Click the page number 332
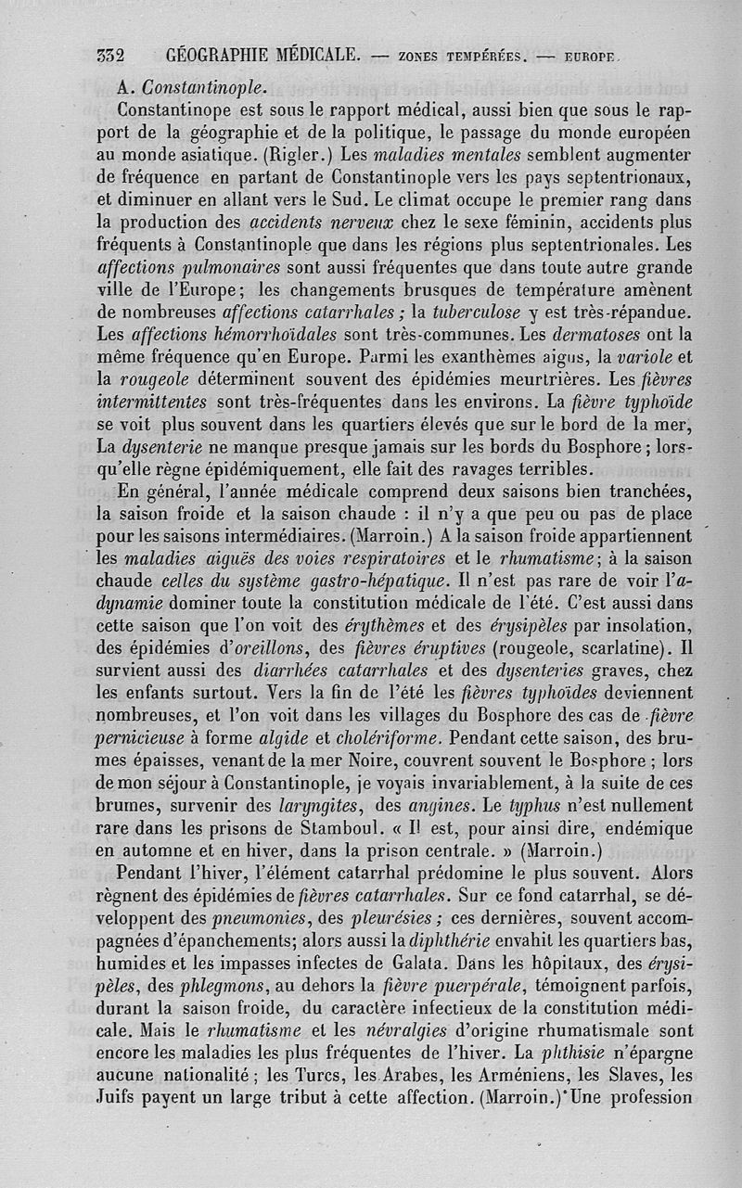110,53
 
